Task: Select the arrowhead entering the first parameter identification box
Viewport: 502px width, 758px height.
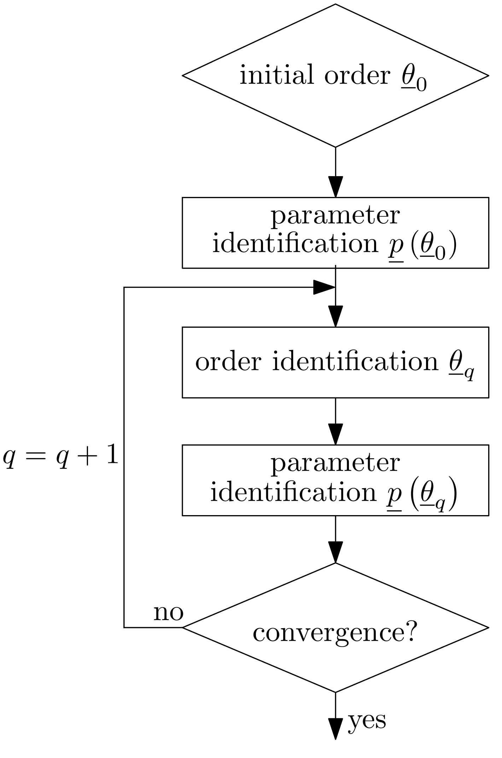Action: [x=335, y=186]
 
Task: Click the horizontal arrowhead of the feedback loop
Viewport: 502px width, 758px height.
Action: [x=324, y=287]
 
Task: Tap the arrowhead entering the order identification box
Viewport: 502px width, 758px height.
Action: [x=335, y=316]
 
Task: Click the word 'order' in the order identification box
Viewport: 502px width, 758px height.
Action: [x=228, y=362]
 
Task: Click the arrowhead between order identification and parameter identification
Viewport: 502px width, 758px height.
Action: [x=335, y=433]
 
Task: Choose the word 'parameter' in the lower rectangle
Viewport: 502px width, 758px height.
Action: [x=335, y=463]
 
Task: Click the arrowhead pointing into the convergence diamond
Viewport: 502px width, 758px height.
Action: [x=335, y=552]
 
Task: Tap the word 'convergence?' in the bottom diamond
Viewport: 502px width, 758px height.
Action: [x=335, y=633]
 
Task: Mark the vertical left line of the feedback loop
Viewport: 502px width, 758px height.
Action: [x=124, y=460]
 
